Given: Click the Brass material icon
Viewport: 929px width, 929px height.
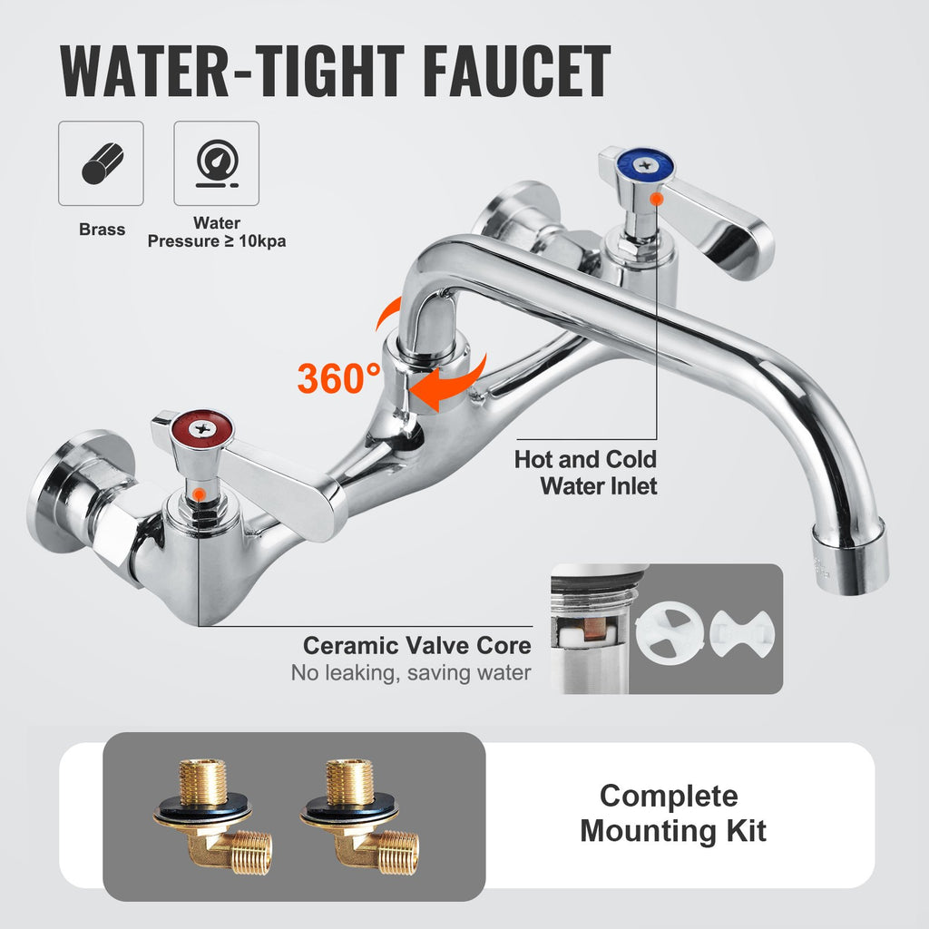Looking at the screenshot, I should coord(101,163).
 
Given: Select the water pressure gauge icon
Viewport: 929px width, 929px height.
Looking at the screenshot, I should coord(216,163).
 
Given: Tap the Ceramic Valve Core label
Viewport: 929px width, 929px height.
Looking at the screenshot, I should coord(416,646).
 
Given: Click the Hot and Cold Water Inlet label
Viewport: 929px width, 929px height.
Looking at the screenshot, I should coord(585,472).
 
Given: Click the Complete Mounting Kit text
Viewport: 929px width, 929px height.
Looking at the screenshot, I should coord(672,813).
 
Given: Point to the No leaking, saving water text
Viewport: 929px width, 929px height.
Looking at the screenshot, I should coord(410,674).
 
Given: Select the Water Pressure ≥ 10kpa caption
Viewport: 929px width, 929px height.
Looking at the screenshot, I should coord(216,232).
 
